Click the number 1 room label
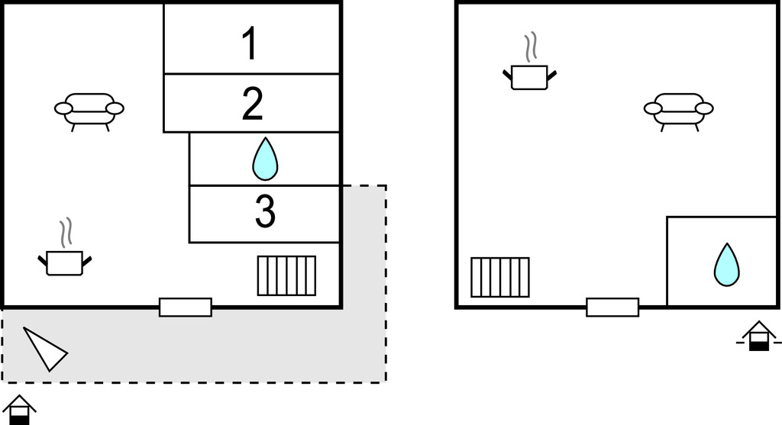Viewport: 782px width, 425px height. click(250, 44)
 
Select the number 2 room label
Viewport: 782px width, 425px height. click(252, 105)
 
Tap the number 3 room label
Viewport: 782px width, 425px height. click(264, 213)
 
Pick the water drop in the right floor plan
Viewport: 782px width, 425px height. click(726, 264)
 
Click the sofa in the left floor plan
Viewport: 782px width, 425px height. click(89, 110)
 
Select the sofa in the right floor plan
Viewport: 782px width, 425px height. click(678, 110)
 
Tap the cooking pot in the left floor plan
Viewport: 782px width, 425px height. click(65, 262)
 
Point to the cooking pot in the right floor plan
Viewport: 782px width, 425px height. click(529, 76)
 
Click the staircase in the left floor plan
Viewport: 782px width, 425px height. click(286, 275)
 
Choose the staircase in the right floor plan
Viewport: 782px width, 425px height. click(500, 277)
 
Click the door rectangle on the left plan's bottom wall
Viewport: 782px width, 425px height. click(186, 307)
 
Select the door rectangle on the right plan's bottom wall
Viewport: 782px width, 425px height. click(612, 307)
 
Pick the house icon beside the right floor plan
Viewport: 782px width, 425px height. click(758, 336)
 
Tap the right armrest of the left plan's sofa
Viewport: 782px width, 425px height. click(115, 108)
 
